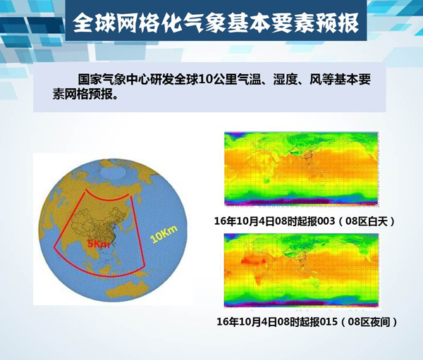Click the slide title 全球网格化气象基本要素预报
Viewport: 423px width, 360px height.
coord(216,23)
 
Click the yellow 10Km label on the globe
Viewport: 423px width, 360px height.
coord(164,234)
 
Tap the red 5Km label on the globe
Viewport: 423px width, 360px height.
coord(99,244)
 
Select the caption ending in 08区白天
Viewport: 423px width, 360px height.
coord(305,221)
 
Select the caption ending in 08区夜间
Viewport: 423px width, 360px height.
coord(307,322)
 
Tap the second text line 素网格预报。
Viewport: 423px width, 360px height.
coord(85,94)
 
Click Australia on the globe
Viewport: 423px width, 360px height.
coord(128,289)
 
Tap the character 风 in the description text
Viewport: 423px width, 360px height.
coord(314,80)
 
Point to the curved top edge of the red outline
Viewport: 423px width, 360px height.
coord(108,198)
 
